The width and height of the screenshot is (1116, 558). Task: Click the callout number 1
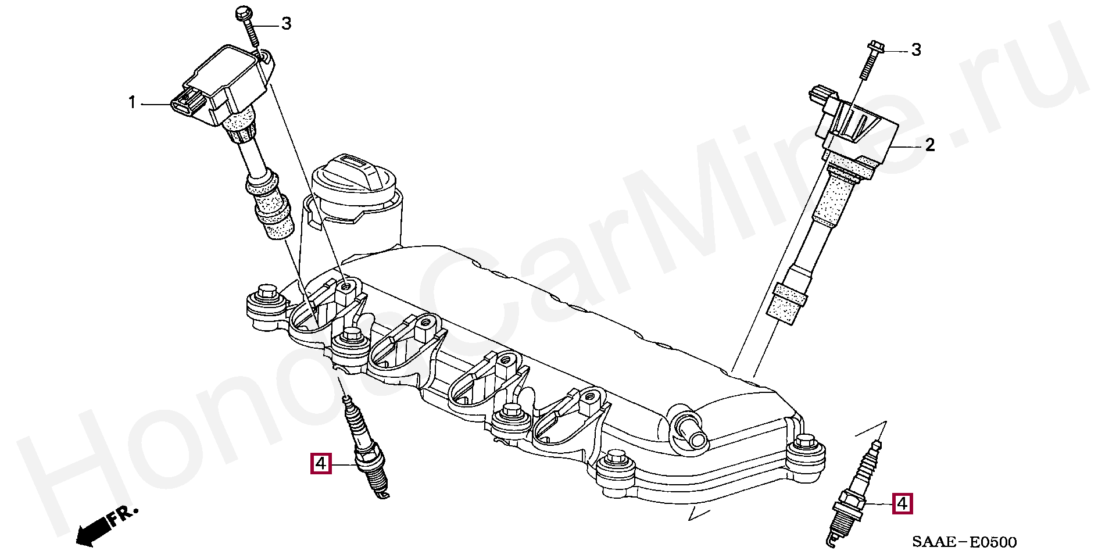132,103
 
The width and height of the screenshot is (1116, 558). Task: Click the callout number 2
930,145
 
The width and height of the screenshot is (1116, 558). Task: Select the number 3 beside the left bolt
286,24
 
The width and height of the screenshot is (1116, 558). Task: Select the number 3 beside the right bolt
916,50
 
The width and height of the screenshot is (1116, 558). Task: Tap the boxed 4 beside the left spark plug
321,464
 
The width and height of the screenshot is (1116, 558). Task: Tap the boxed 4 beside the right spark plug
903,503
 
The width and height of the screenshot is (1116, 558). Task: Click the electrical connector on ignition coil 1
187,101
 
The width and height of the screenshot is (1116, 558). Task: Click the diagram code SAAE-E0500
964,542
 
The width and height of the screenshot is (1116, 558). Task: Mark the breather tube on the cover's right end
689,430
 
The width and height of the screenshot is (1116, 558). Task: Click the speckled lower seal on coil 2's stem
788,303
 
